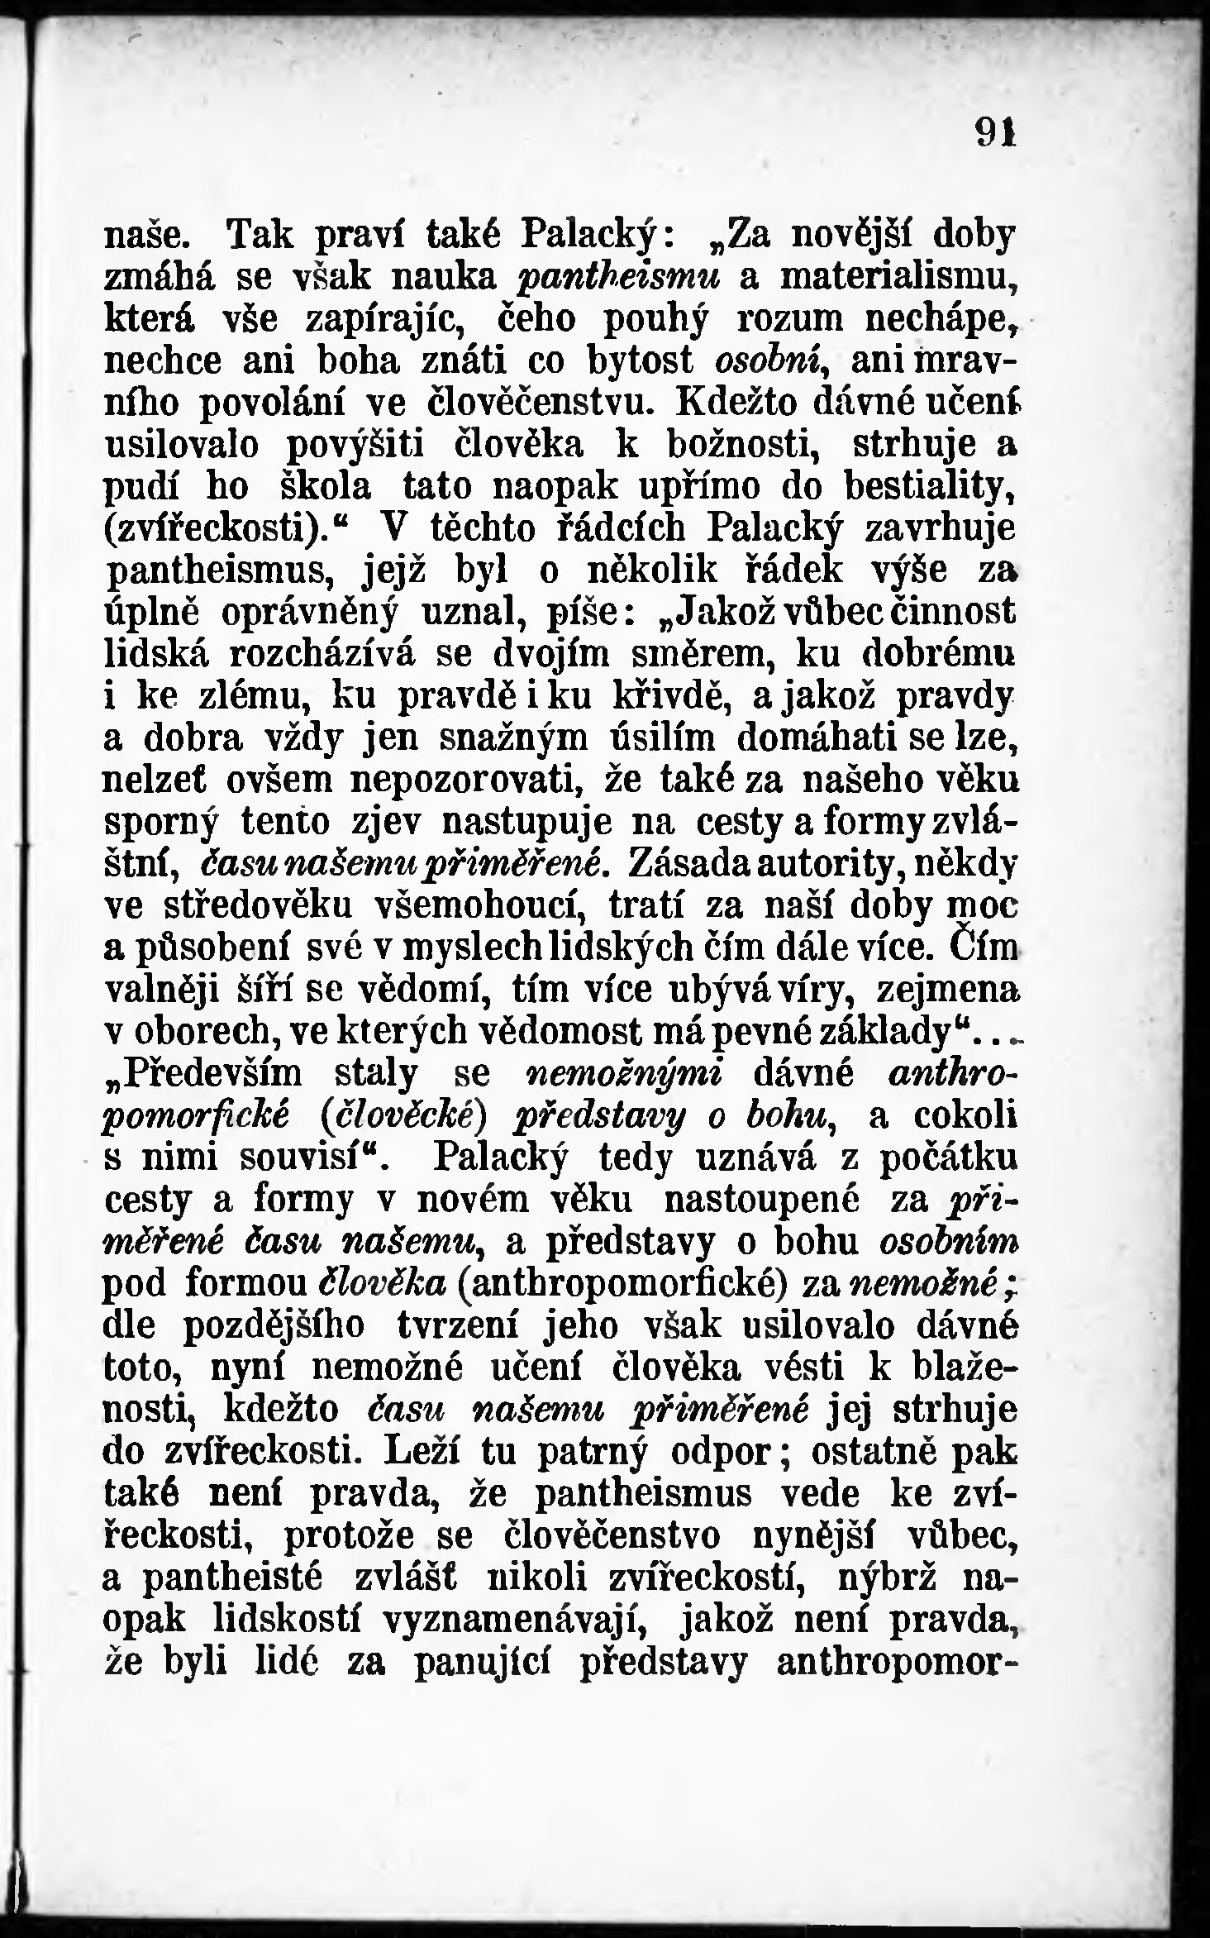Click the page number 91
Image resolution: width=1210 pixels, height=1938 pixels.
coord(994,134)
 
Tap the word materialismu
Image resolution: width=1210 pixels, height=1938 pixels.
coord(898,277)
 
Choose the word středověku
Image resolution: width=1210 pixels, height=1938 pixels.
coord(240,905)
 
